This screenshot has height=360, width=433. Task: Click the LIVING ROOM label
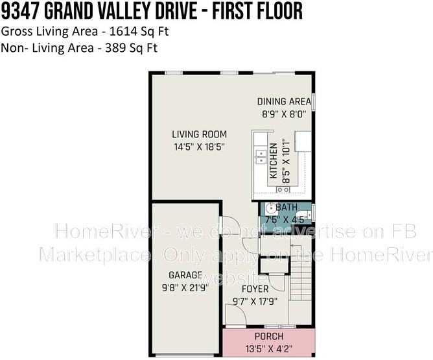click(x=199, y=134)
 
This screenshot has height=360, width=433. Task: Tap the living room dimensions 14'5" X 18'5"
click(x=198, y=147)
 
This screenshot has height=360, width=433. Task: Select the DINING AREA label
click(x=283, y=101)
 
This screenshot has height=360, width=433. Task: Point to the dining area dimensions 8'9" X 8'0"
click(x=283, y=113)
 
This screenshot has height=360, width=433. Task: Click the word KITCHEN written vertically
click(x=274, y=161)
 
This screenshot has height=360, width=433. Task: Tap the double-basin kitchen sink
click(x=261, y=156)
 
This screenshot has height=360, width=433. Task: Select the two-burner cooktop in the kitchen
click(x=283, y=189)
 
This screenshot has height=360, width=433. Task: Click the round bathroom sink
click(x=270, y=209)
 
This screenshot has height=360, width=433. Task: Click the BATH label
click(x=287, y=207)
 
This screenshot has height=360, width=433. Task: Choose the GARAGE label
click(x=186, y=274)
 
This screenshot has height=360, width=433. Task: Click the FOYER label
click(x=255, y=289)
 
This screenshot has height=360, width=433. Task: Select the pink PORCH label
click(x=269, y=337)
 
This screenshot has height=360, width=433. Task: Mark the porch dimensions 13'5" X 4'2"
click(x=269, y=348)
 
